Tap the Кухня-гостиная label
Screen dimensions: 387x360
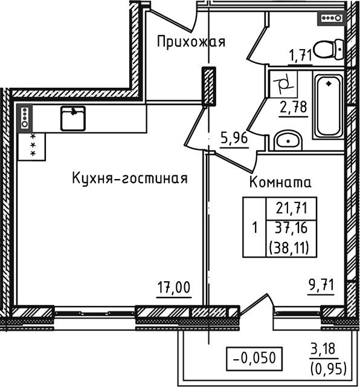(x=129, y=178)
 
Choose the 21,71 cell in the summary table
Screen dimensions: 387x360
(x=292, y=209)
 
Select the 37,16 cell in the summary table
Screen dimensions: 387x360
(x=292, y=229)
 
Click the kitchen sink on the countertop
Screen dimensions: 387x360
(x=73, y=117)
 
